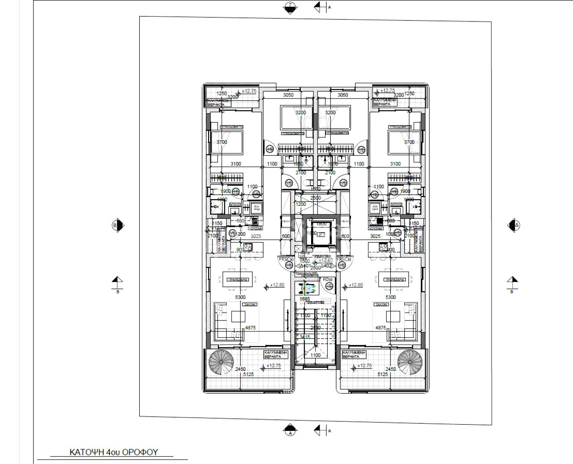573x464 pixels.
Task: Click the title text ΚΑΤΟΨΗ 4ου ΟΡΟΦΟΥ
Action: pyautogui.click(x=113, y=452)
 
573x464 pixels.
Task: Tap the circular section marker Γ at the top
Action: pyautogui.click(x=290, y=7)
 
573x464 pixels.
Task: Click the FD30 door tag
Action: pyautogui.click(x=328, y=280)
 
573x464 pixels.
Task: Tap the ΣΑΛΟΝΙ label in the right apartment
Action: pyautogui.click(x=381, y=304)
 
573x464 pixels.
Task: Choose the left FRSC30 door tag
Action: pyautogui.click(x=286, y=260)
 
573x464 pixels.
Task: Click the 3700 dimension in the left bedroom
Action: pyautogui.click(x=222, y=142)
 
